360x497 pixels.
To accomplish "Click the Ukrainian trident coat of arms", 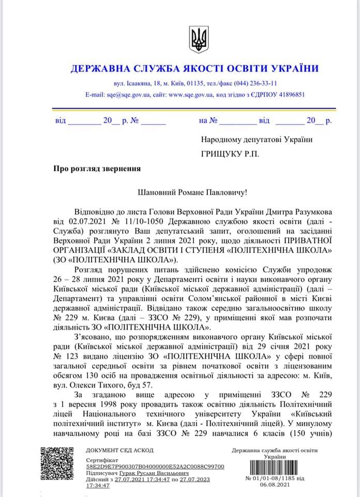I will [x=198, y=39].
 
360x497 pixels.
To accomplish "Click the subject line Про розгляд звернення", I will [x=96, y=168].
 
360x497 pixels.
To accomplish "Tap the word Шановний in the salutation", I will [x=158, y=193].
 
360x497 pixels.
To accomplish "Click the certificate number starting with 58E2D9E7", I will [x=155, y=466].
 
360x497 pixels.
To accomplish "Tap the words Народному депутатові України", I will [x=257, y=139].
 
